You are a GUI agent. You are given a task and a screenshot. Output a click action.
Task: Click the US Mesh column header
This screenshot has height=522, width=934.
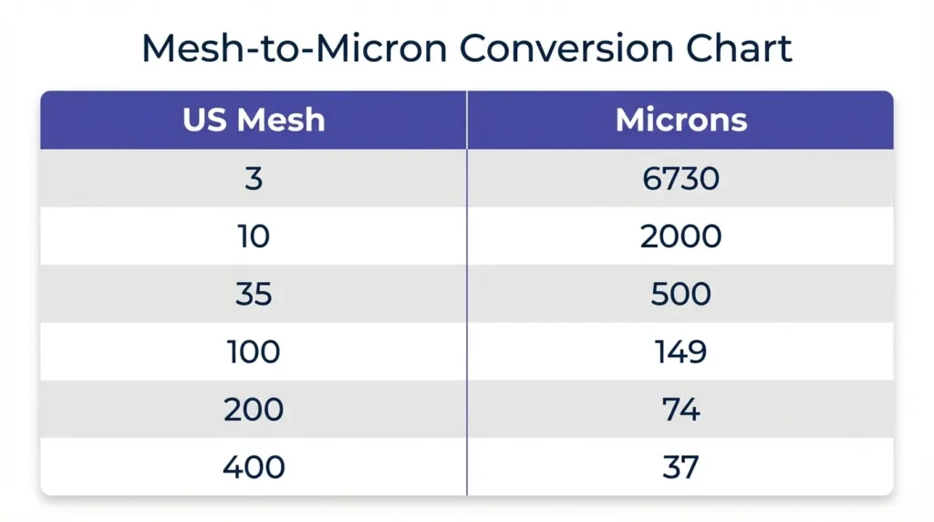pos(254,120)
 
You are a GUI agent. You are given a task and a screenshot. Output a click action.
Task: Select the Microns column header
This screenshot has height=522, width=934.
pos(680,120)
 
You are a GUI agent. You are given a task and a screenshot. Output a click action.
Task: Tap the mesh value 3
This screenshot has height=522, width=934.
pos(254,179)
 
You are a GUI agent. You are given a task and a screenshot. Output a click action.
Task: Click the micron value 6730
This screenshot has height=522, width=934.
pos(680,179)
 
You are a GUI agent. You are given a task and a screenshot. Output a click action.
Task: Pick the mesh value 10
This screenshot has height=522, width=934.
pos(254,236)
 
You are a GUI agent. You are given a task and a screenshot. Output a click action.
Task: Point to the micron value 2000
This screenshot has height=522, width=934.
pos(680,236)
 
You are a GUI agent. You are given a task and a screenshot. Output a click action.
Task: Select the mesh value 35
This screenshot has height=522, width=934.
pos(254,294)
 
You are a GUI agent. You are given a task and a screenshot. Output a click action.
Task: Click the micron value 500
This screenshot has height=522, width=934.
pos(680,294)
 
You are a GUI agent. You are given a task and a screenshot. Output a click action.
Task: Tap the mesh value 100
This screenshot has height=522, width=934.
pos(254,352)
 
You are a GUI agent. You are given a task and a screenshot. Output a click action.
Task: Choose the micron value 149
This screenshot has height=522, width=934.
pos(680,352)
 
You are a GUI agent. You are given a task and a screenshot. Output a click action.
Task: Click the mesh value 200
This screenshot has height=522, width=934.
pos(254,410)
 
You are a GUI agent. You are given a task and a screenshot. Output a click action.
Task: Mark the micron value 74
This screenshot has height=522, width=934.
pos(680,410)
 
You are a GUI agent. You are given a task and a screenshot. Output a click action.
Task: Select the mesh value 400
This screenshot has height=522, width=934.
pos(254,467)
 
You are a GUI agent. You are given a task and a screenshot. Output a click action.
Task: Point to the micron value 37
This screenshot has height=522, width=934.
pos(680,467)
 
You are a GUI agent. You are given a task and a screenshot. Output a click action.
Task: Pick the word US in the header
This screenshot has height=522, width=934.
pos(205,120)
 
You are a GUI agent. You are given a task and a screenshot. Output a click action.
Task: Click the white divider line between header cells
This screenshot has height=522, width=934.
pos(467,120)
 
